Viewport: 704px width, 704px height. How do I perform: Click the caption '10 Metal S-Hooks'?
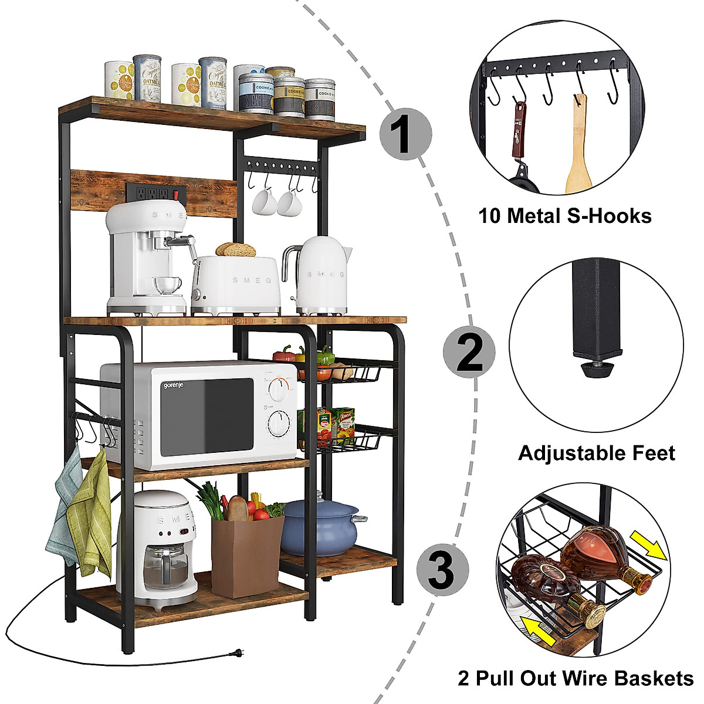[564, 216]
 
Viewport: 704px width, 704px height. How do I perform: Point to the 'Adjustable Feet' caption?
[596, 453]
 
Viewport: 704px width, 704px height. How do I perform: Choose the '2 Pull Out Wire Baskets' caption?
[575, 678]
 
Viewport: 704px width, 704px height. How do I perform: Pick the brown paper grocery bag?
[247, 554]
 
